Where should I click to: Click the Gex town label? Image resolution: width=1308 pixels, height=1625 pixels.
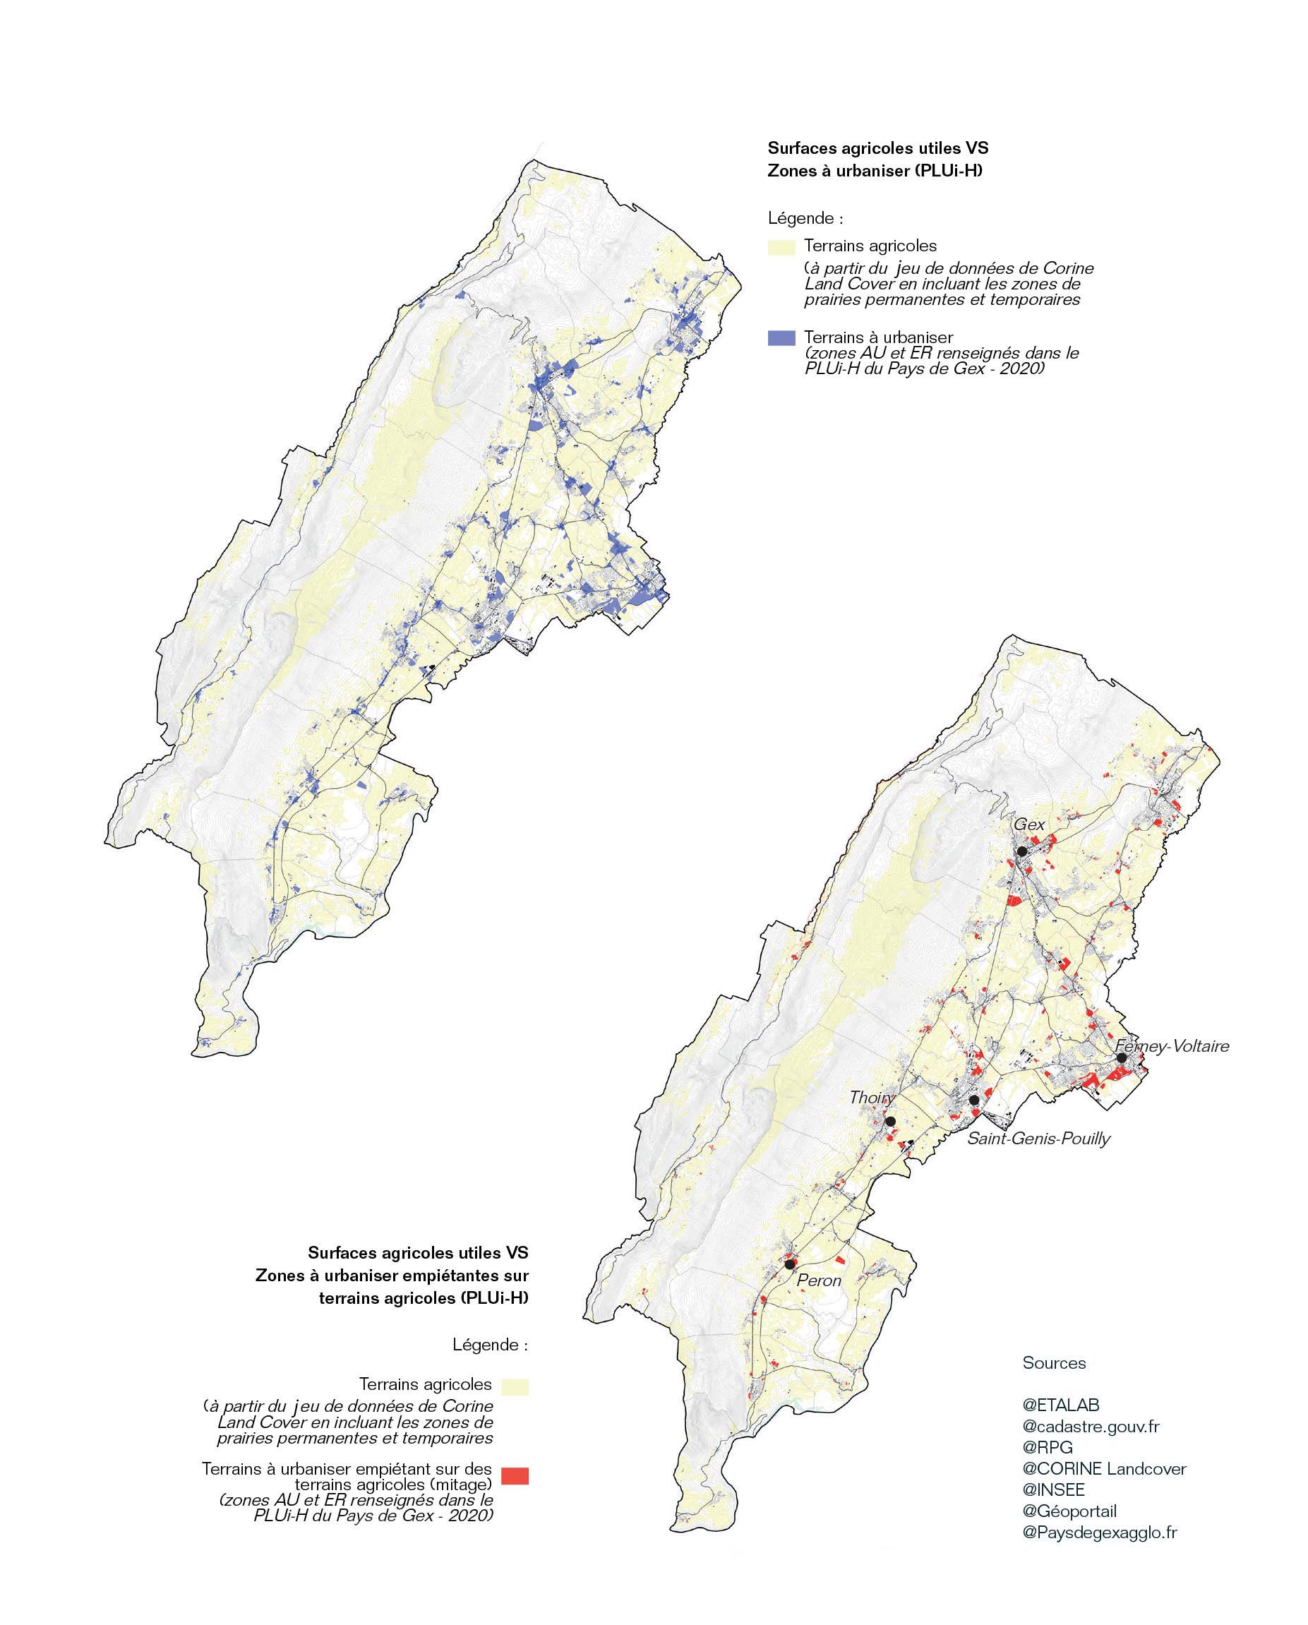point(1029,825)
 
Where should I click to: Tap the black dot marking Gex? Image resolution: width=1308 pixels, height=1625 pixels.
point(1021,851)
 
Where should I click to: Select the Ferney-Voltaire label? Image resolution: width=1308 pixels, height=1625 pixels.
point(1172,1046)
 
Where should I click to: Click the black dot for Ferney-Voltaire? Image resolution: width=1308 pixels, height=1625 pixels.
point(1121,1058)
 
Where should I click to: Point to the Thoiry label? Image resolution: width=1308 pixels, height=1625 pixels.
point(872,1098)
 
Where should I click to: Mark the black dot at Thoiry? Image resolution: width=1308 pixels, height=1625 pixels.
point(890,1121)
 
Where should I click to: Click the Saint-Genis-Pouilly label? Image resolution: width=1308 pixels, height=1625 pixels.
point(1039,1138)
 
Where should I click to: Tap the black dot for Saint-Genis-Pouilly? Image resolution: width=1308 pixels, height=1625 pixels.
point(974,1101)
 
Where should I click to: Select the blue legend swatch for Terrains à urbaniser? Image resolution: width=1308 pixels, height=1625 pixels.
point(781,337)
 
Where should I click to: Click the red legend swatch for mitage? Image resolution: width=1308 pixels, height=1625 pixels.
point(516,1476)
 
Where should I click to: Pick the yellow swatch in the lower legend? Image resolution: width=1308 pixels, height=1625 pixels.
point(516,1387)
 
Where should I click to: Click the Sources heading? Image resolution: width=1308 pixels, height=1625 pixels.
point(1054,1362)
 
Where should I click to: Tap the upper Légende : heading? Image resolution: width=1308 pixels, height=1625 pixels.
point(805,219)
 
